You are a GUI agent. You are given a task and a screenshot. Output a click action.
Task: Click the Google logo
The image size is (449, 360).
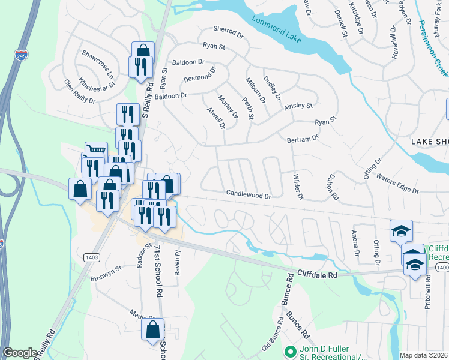coord(20,353)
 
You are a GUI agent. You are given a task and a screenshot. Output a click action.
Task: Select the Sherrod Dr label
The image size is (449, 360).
coord(228,32)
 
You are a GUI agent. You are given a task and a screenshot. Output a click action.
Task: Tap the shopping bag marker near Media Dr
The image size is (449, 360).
coord(152,329)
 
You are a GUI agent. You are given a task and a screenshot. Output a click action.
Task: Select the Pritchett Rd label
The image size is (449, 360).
coord(428,288)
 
